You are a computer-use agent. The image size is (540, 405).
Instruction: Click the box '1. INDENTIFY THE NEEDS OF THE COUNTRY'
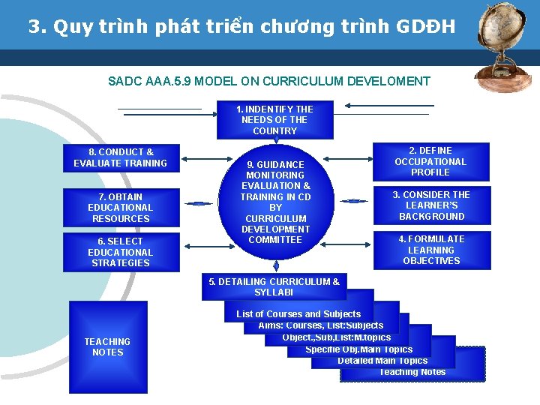click(x=274, y=120)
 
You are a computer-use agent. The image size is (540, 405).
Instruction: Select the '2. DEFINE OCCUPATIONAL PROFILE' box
click(x=430, y=161)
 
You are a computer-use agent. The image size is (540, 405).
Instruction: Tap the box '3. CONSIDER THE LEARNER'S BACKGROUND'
click(x=431, y=205)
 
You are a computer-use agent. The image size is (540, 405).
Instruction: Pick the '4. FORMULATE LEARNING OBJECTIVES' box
click(x=431, y=250)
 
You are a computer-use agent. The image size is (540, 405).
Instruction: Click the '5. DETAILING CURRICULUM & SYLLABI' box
click(x=274, y=286)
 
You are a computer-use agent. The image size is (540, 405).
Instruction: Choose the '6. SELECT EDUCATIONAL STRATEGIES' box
click(x=121, y=252)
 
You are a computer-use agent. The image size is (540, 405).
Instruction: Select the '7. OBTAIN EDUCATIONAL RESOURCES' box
click(x=121, y=208)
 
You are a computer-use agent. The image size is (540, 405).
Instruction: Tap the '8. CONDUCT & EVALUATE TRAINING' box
click(x=121, y=157)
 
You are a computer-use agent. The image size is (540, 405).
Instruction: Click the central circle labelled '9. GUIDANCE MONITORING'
click(x=275, y=202)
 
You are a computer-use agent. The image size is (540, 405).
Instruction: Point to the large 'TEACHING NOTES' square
click(x=108, y=346)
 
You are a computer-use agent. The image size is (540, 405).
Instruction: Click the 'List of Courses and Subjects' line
click(x=298, y=314)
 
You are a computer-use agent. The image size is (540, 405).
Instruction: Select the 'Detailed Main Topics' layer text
click(x=382, y=361)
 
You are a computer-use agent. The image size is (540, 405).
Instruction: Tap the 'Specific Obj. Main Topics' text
click(x=359, y=349)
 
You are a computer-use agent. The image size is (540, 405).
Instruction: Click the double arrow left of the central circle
click(x=199, y=203)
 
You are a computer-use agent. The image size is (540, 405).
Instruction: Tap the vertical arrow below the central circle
click(x=276, y=265)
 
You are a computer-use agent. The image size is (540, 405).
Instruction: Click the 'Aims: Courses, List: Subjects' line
click(x=321, y=325)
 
